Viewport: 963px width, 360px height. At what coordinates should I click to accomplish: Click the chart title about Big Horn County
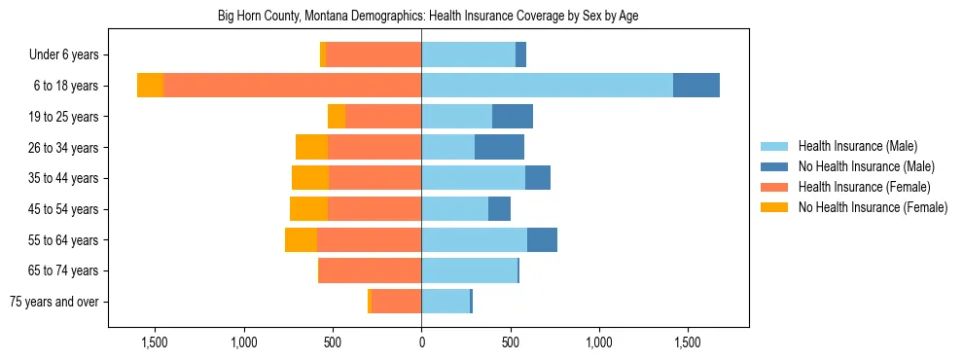pyautogui.click(x=421, y=17)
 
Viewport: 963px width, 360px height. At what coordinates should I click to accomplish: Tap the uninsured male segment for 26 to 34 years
pyautogui.click(x=499, y=147)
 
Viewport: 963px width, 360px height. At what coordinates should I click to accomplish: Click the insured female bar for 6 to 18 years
pyautogui.click(x=292, y=86)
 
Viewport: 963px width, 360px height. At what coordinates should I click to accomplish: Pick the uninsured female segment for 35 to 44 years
pyautogui.click(x=310, y=178)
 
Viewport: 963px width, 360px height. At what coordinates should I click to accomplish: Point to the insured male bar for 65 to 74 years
pyautogui.click(x=469, y=270)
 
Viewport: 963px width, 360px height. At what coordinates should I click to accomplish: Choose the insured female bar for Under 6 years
pyautogui.click(x=374, y=54)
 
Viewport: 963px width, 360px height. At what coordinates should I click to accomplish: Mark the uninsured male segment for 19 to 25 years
pyautogui.click(x=513, y=117)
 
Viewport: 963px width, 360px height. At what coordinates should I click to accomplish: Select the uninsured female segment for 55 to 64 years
pyautogui.click(x=301, y=239)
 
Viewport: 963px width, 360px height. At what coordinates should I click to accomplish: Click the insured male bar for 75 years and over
pyautogui.click(x=446, y=302)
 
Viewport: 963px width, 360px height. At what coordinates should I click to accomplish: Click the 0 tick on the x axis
pyautogui.click(x=421, y=342)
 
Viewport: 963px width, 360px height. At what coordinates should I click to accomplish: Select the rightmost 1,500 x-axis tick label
pyautogui.click(x=688, y=342)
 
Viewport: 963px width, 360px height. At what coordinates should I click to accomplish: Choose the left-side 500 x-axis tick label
pyautogui.click(x=333, y=342)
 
